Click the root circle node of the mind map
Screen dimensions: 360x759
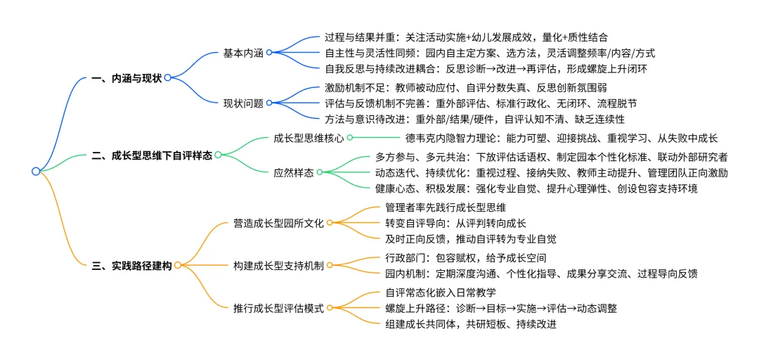36,171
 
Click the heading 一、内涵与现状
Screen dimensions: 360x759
127,78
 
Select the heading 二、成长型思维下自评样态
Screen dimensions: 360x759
152,155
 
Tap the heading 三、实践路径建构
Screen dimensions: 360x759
131,265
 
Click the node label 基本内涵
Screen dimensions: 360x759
243,53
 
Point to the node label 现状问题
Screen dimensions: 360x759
243,103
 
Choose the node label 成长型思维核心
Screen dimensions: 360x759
308,138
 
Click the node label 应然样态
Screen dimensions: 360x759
294,172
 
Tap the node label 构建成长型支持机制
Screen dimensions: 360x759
278,265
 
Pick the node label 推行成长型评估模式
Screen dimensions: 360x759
278,308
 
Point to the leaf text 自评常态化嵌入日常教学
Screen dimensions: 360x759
441,291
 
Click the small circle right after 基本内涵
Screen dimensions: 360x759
268,53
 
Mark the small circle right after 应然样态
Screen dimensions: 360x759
319,172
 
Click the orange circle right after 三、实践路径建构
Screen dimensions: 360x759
178,265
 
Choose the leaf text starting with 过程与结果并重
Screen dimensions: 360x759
466,37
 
